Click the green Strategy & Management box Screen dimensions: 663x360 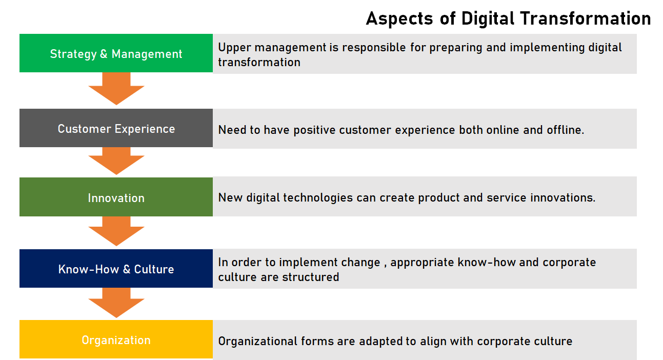coord(116,53)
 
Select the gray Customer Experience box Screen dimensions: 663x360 coord(116,128)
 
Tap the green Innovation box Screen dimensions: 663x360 coord(116,197)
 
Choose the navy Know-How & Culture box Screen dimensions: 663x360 coord(116,269)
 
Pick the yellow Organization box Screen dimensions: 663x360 coord(116,339)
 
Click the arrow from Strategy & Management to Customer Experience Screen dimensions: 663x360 coord(116,89)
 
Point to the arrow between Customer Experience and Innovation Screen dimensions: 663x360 coord(116,161)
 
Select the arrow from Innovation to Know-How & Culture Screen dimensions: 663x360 coord(116,231)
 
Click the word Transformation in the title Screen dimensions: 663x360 coord(586,18)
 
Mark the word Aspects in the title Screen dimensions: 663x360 coord(399,19)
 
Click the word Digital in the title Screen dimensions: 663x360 coord(488,19)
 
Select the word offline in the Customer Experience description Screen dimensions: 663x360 coord(565,130)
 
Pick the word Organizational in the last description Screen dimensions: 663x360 coord(257,342)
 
